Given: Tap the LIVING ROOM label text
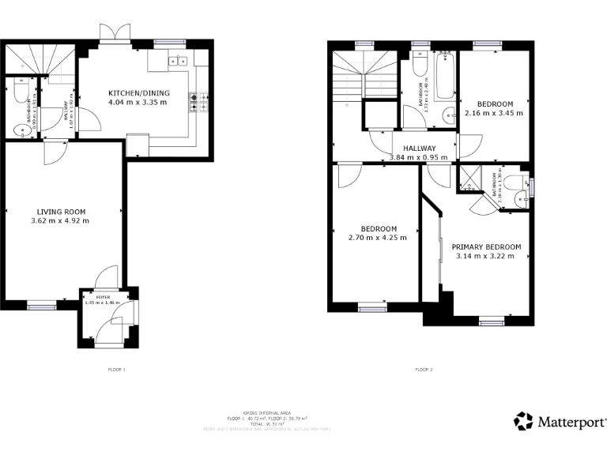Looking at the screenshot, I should coord(61,212).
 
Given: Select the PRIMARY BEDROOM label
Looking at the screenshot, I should coord(487,246).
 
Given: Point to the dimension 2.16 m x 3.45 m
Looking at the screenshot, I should coord(495,113).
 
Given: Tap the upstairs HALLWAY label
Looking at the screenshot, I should coord(418,149).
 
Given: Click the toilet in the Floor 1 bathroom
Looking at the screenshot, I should coord(19,92).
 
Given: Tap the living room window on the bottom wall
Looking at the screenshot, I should coord(42,304).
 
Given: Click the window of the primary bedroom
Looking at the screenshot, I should coord(492,321).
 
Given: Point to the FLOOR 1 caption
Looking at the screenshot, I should coord(116,369).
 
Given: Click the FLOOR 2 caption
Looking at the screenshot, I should coord(423,369).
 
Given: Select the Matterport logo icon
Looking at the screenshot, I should coord(524,421).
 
